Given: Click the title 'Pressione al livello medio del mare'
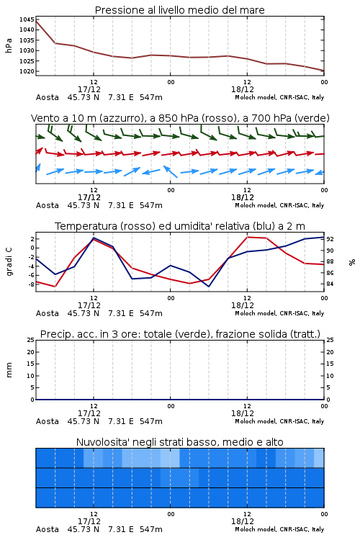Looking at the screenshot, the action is click(x=179, y=10).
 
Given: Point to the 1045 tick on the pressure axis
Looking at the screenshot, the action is click(x=27, y=19).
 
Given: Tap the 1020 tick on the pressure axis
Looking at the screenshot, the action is click(x=27, y=71).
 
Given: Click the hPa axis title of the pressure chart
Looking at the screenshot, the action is click(x=9, y=45).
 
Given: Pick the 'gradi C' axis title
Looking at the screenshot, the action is click(x=9, y=262).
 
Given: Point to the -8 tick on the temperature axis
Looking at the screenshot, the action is click(x=31, y=284).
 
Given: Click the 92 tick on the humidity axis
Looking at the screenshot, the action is click(x=330, y=239).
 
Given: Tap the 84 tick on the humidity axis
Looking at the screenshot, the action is click(x=330, y=284).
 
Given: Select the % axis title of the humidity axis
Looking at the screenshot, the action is click(x=352, y=262).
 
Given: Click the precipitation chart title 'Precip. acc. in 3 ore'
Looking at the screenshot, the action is click(x=89, y=334).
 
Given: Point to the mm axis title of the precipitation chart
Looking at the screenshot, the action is click(x=9, y=370).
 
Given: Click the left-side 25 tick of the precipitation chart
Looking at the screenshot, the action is click(x=31, y=340).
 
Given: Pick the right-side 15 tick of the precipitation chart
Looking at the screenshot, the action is click(x=330, y=364).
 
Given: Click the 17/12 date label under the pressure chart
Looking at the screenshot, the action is click(x=89, y=89).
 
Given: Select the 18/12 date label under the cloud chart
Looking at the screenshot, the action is click(x=243, y=521).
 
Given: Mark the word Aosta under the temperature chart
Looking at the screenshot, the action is click(x=48, y=313).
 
